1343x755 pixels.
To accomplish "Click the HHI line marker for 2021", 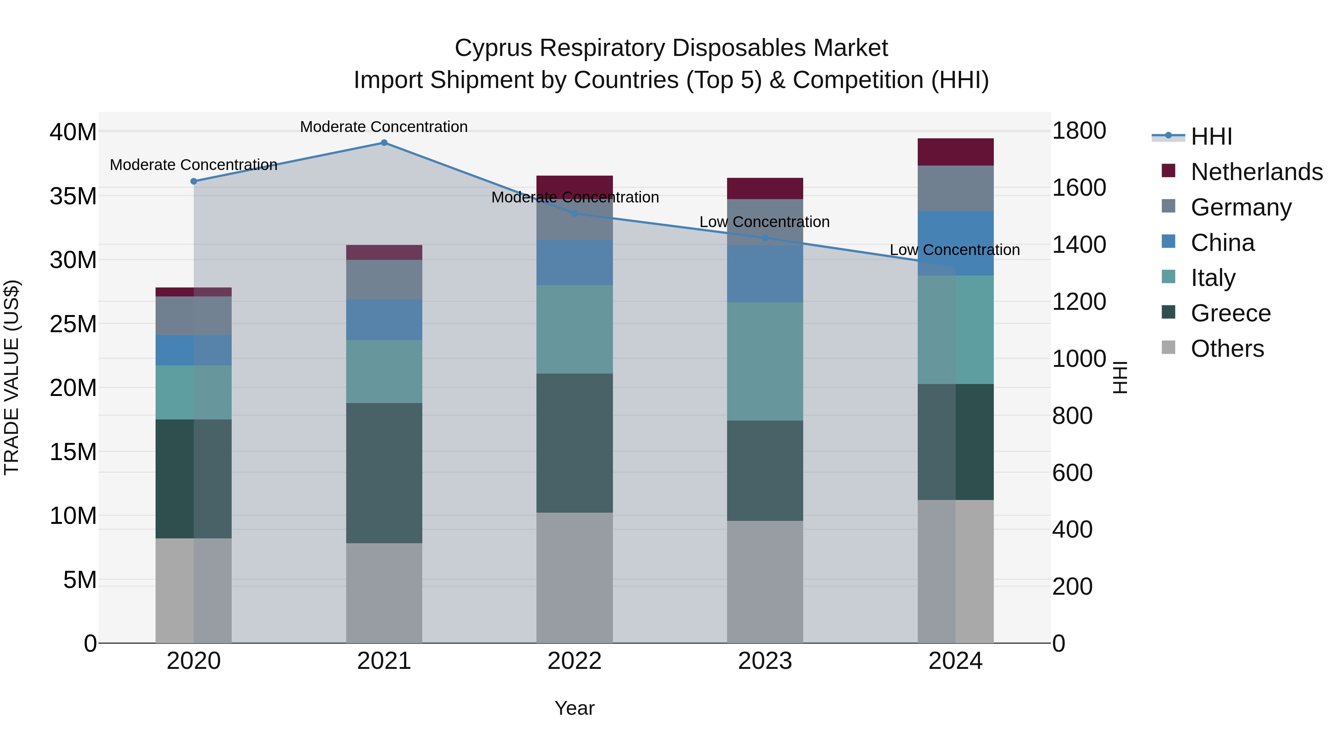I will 384,143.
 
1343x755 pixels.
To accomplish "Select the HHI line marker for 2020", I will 193,181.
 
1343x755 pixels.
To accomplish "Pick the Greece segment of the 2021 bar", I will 384,473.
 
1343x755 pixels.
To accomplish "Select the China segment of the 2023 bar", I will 765,274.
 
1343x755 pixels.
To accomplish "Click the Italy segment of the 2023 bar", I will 765,362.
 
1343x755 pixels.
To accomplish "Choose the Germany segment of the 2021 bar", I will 384,280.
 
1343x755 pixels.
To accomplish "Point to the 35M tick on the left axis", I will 73,196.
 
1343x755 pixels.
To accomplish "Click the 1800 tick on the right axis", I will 1079,131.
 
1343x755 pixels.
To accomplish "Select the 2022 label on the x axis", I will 575,661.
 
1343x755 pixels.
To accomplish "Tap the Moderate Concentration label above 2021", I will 384,127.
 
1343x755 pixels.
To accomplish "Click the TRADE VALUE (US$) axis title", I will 12,377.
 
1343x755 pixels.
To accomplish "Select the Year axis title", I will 575,708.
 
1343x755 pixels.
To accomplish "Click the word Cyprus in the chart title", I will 493,48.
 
